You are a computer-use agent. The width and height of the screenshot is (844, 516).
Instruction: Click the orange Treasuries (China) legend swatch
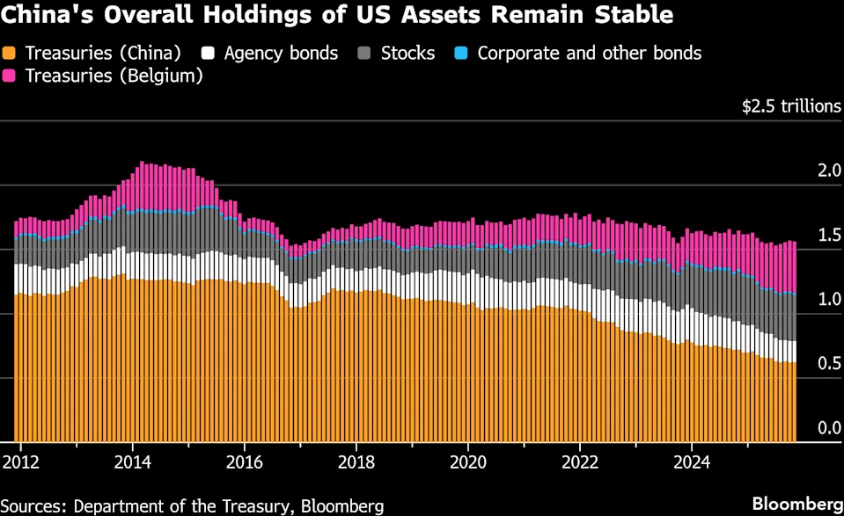[11, 54]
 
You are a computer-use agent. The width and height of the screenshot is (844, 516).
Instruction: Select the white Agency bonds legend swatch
[208, 54]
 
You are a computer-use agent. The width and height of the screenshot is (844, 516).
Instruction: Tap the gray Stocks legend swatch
[364, 54]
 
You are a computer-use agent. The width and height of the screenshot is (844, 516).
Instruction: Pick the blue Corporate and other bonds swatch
[461, 54]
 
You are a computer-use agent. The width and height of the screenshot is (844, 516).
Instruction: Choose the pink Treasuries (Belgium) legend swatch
[11, 76]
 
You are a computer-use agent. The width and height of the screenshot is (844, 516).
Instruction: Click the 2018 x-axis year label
[356, 461]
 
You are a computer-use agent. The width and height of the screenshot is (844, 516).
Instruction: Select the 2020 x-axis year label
[467, 461]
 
